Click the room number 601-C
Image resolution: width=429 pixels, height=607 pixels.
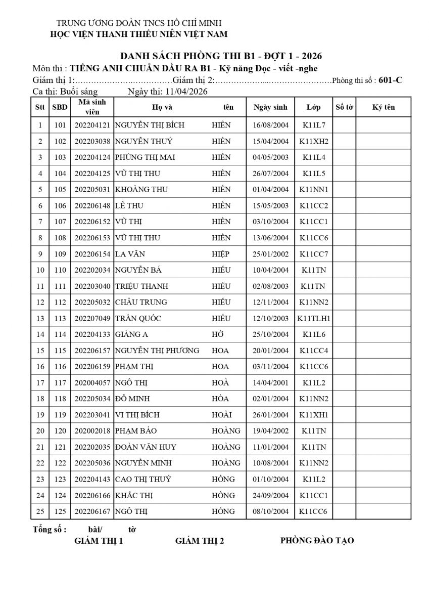click(x=390, y=80)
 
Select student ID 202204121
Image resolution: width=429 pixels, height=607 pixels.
click(x=92, y=125)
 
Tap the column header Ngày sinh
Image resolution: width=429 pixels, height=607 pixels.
click(x=270, y=107)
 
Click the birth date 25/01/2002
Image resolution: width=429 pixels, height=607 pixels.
click(x=270, y=254)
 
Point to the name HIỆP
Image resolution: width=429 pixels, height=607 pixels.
click(x=220, y=254)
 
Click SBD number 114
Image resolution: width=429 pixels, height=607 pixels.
click(x=60, y=334)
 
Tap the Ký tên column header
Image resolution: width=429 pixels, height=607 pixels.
click(x=384, y=107)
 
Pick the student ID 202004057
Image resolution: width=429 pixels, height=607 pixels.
click(x=92, y=383)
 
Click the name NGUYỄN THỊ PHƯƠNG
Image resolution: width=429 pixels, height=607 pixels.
click(x=157, y=351)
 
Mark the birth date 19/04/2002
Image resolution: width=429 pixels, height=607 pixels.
click(x=270, y=431)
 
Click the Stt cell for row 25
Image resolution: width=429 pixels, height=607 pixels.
click(x=40, y=511)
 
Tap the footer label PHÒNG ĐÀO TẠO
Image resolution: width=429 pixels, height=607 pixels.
click(x=317, y=541)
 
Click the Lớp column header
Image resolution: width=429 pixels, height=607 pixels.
click(x=313, y=107)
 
